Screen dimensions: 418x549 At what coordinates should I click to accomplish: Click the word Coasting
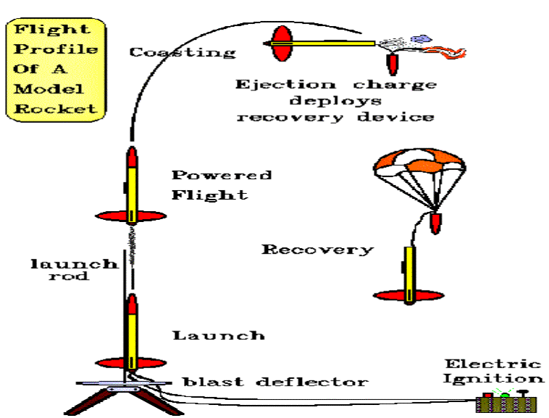pyautogui.click(x=183, y=52)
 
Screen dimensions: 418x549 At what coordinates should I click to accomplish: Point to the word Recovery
pyautogui.click(x=317, y=250)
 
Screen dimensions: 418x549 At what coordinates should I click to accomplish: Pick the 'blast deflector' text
pyautogui.click(x=274, y=382)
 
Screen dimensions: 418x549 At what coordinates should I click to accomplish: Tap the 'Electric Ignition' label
pyautogui.click(x=493, y=370)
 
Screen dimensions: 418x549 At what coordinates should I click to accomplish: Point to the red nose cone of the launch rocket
pyautogui.click(x=132, y=304)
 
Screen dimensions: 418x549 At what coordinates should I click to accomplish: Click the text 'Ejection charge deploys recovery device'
pyautogui.click(x=335, y=101)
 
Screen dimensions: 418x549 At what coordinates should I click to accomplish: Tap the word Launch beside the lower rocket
pyautogui.click(x=218, y=336)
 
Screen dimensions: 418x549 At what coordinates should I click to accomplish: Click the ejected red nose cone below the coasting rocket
pyautogui.click(x=392, y=64)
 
